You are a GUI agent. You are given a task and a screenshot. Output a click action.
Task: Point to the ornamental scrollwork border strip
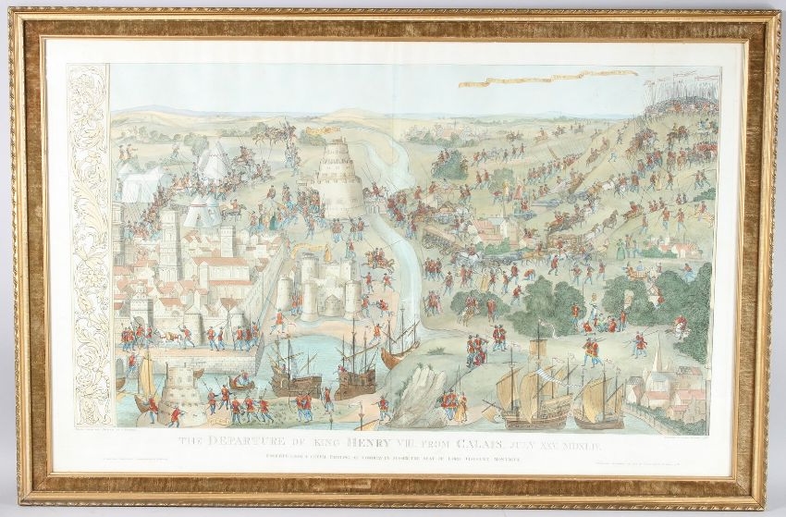coord(89,250)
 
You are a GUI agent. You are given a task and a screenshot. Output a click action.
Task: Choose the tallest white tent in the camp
coord(215,159)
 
